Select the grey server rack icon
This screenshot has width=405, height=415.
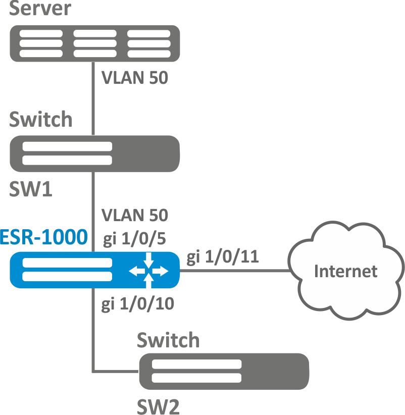[95, 43]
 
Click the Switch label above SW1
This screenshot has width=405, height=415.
[41, 120]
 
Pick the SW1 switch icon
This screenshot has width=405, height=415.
[95, 153]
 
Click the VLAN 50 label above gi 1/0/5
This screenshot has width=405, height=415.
[134, 216]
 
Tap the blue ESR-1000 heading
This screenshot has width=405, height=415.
[43, 236]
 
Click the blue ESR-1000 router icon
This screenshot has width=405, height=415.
[76, 270]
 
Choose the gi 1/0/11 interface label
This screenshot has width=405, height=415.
[223, 257]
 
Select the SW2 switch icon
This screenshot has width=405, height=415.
[223, 372]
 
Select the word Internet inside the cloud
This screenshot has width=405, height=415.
[345, 271]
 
